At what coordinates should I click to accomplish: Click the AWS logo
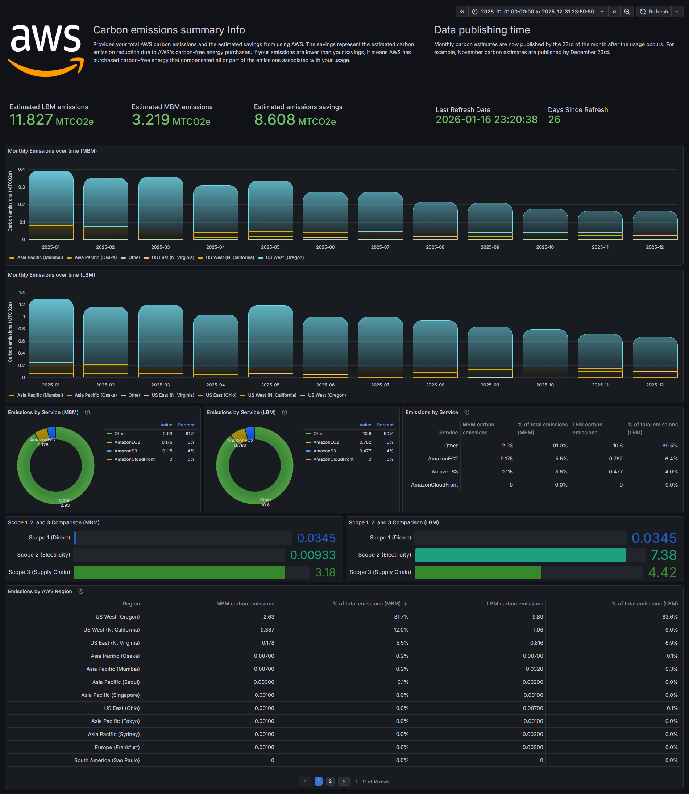tap(46, 50)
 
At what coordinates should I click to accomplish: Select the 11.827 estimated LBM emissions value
tap(31, 120)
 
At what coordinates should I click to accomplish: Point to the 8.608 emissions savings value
tap(274, 120)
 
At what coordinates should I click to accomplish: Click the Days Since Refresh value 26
tap(554, 120)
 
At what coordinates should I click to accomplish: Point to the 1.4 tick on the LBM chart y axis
tap(21, 293)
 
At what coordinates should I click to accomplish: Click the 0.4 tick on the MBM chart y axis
tap(21, 169)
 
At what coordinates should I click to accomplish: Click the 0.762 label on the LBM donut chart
tap(240, 445)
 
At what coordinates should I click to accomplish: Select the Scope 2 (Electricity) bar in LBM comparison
tap(520, 555)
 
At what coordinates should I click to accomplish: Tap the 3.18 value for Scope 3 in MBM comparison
tap(325, 572)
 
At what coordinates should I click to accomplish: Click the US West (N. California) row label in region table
tap(112, 629)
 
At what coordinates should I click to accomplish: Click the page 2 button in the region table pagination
tap(330, 781)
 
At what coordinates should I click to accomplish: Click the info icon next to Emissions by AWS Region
tap(81, 591)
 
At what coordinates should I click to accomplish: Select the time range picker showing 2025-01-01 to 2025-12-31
tap(537, 12)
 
